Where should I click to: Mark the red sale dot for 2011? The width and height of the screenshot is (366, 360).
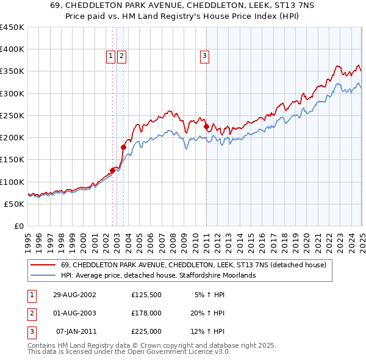click(206, 127)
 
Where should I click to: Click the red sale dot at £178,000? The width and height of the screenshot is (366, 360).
click(123, 147)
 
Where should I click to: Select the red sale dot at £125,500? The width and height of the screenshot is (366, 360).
click(113, 170)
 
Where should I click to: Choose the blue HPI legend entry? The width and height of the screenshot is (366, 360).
click(158, 275)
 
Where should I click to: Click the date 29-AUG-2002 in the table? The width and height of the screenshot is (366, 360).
click(74, 295)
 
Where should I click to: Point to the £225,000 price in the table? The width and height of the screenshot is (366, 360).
click(146, 331)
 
